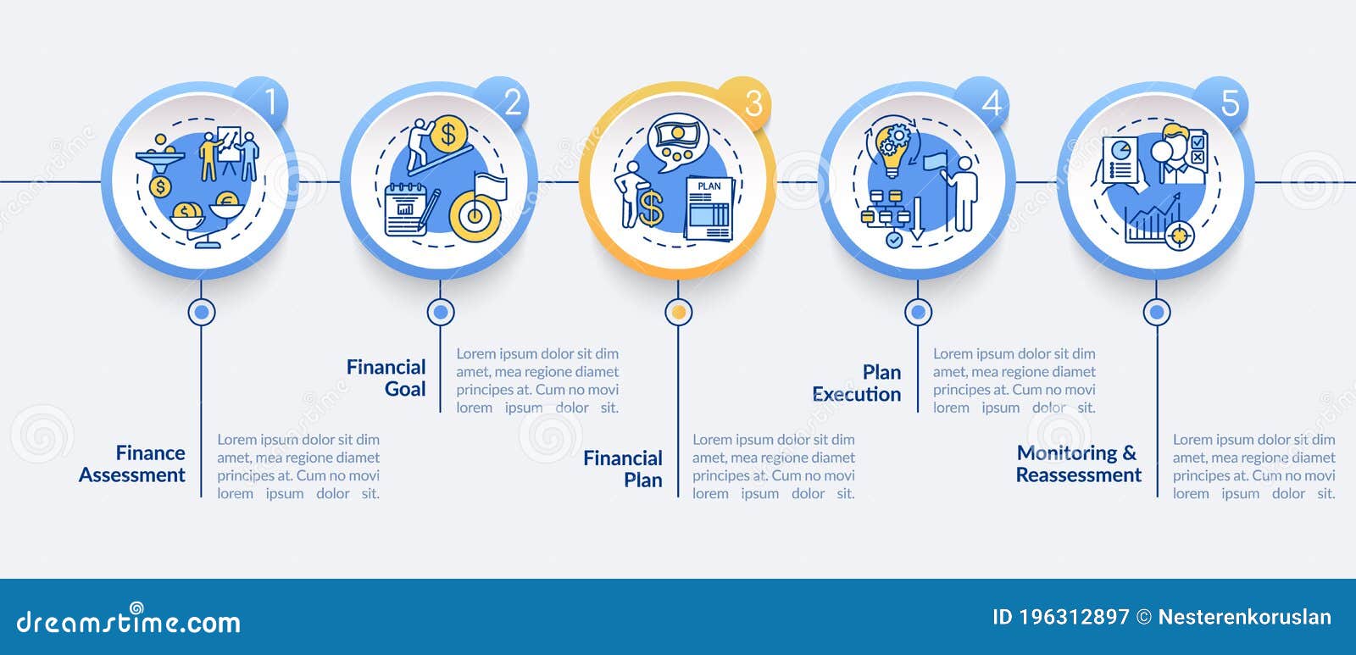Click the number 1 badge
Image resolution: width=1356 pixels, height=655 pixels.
tap(263, 101)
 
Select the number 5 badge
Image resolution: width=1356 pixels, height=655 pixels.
tap(1223, 103)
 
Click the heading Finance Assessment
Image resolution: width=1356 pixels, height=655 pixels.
tap(132, 463)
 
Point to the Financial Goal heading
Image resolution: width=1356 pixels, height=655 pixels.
tap(386, 378)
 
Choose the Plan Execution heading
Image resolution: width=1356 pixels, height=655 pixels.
tap(857, 383)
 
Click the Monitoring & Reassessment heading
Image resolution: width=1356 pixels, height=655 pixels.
tap(1079, 463)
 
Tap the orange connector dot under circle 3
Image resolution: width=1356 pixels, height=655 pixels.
tap(679, 313)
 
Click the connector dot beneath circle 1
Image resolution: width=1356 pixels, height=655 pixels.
tap(202, 313)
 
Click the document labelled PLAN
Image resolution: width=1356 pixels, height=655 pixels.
tap(709, 208)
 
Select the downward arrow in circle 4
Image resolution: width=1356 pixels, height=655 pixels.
tap(917, 218)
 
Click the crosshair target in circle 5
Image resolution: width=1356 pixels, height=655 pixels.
tap(1179, 235)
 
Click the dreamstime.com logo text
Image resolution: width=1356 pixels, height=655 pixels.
tap(128, 619)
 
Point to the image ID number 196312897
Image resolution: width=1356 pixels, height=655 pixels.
tap(1075, 617)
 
